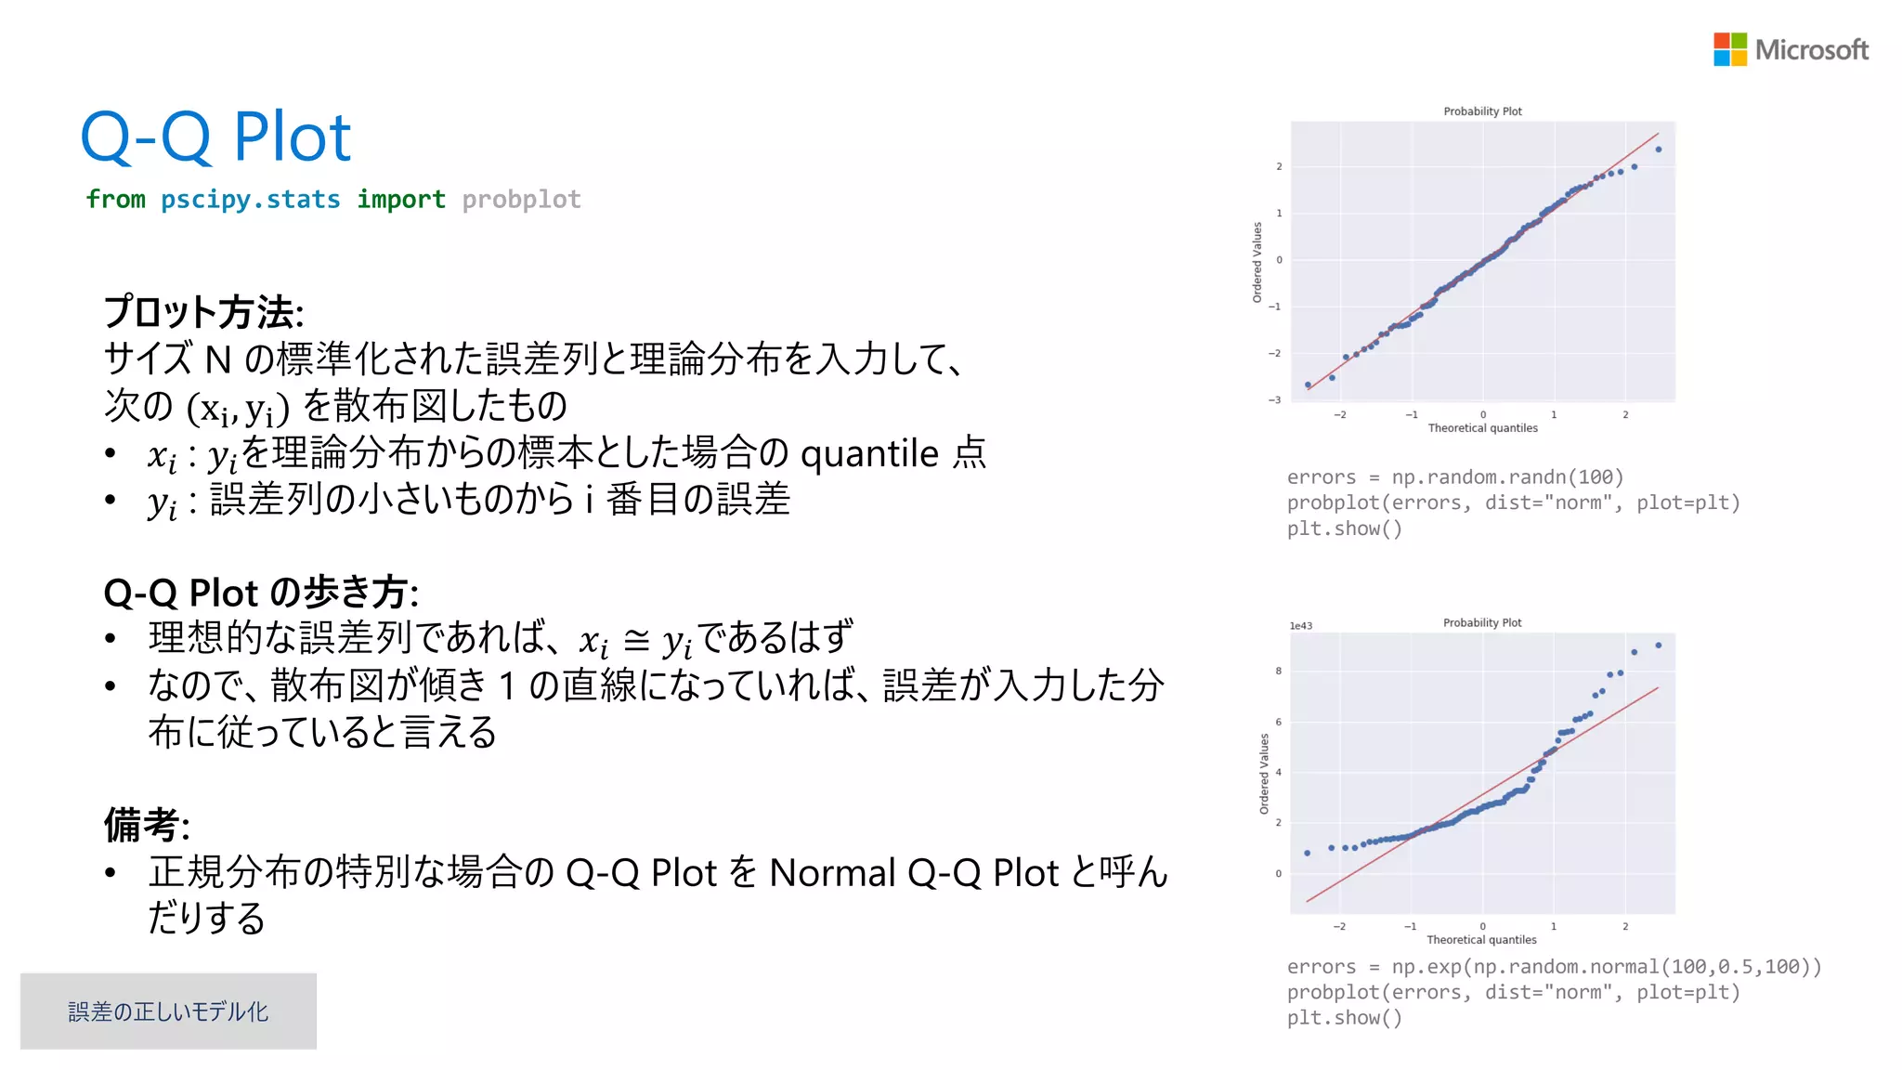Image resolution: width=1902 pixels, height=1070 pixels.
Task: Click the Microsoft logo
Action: tap(1790, 49)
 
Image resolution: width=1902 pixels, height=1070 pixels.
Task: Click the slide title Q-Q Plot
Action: tap(215, 137)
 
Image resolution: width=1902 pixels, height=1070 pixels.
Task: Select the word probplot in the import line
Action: tap(521, 200)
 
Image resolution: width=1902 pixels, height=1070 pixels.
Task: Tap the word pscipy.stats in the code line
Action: tap(250, 200)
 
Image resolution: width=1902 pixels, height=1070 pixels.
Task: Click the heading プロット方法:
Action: tap(203, 312)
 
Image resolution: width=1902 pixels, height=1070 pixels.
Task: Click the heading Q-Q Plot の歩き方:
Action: tap(261, 593)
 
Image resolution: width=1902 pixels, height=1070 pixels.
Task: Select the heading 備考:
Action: tap(147, 825)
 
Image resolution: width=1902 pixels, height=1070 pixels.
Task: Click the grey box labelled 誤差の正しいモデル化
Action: tap(168, 1011)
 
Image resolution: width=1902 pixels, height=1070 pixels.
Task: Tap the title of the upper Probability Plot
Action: tap(1482, 111)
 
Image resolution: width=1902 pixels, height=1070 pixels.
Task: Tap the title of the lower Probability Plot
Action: tap(1482, 622)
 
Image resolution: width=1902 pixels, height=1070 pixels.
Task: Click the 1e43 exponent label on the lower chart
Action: tap(1300, 626)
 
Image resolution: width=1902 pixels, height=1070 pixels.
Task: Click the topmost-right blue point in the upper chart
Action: tap(1659, 150)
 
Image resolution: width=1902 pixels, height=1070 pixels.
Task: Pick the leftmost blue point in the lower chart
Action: tap(1308, 853)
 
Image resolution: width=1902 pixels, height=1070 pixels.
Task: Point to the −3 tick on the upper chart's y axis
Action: tap(1275, 400)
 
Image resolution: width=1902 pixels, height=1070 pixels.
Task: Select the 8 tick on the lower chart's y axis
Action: tap(1279, 671)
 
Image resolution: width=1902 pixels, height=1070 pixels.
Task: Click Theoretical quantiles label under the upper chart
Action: tap(1482, 428)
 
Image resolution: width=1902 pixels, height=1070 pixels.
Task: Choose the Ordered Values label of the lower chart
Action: tap(1264, 774)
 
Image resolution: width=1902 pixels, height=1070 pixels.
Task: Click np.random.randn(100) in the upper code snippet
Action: tap(1507, 477)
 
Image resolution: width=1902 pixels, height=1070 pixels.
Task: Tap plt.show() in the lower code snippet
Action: tap(1344, 1018)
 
